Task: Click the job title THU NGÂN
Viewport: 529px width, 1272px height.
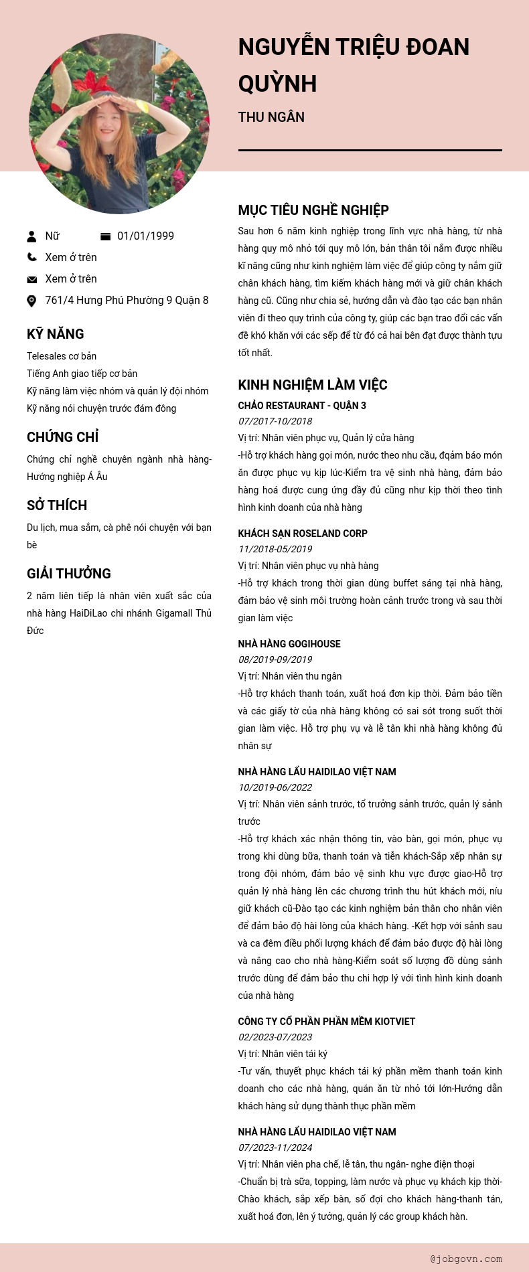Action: click(x=271, y=117)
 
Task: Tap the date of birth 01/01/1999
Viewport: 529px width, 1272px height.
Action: click(x=145, y=236)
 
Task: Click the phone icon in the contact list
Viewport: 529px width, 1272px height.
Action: click(x=31, y=257)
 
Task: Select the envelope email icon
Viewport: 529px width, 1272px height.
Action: click(x=31, y=279)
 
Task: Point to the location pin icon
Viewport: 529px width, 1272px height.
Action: click(x=31, y=301)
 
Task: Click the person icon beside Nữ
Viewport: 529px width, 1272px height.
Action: click(x=31, y=236)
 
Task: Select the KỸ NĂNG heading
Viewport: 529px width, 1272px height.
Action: click(x=56, y=334)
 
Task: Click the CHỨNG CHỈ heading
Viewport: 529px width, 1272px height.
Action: click(x=63, y=437)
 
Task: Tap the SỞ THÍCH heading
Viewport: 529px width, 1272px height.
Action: click(x=57, y=505)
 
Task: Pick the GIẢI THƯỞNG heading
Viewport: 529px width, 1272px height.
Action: click(x=69, y=574)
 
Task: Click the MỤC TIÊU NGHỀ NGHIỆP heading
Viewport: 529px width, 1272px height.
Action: click(x=313, y=210)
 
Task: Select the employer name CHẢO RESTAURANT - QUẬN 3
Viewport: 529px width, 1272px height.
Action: click(x=302, y=406)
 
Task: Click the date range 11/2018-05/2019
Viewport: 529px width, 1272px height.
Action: click(x=275, y=549)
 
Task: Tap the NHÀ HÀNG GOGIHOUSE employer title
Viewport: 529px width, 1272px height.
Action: click(x=289, y=644)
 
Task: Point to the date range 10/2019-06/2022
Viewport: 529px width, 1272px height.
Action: click(x=275, y=787)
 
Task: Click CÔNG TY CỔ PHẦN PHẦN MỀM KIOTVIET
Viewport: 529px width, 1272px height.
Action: click(x=327, y=1022)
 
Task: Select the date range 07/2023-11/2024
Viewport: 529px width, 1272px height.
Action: click(x=275, y=1147)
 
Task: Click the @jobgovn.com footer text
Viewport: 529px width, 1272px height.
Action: click(x=466, y=1259)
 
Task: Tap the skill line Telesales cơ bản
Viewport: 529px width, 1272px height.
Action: click(x=62, y=356)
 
